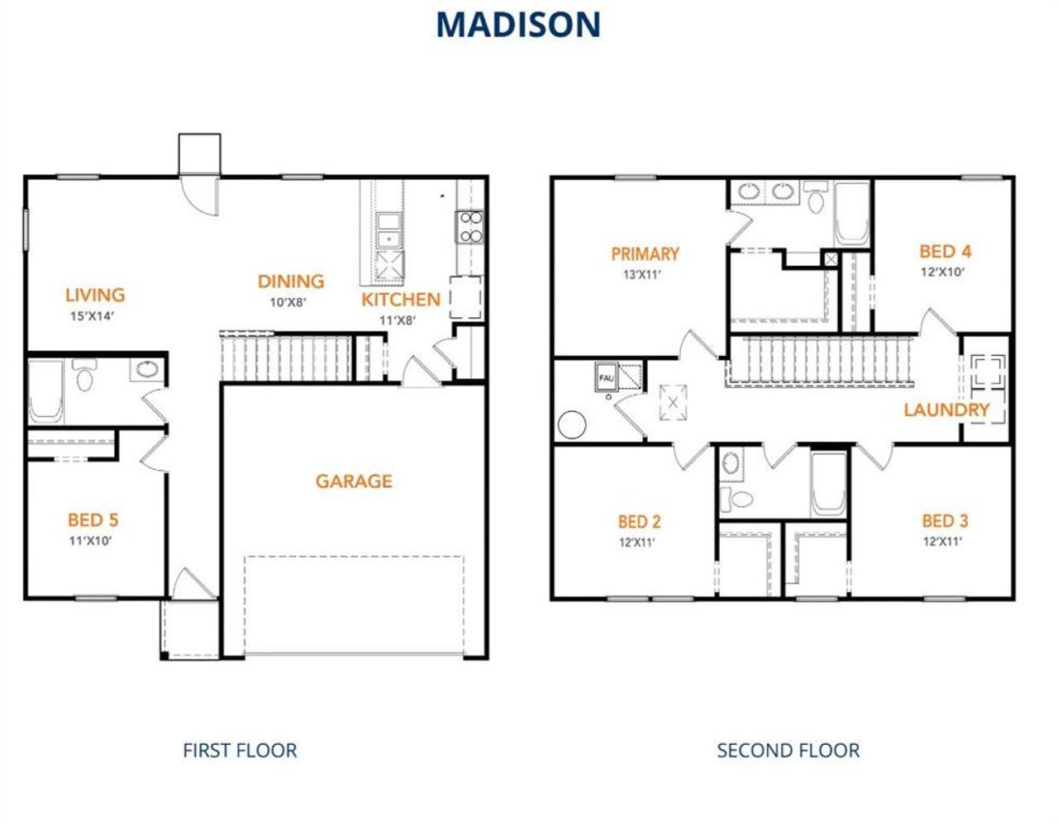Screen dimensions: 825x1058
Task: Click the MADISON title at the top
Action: click(x=517, y=25)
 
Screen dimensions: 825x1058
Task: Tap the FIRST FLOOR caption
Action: click(x=240, y=750)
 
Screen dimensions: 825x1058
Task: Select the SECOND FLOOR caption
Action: click(x=788, y=750)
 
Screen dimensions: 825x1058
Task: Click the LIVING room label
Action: click(x=95, y=295)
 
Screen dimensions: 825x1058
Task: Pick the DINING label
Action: click(x=290, y=282)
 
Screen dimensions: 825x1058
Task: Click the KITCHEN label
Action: click(x=401, y=300)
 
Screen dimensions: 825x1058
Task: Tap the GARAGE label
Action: click(x=354, y=481)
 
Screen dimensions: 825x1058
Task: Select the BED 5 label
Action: click(x=93, y=519)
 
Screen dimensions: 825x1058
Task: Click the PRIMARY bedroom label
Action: click(x=645, y=254)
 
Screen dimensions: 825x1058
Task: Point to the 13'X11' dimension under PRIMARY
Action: click(x=641, y=275)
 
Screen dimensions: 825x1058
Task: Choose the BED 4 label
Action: click(x=945, y=251)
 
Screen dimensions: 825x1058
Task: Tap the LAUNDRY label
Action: click(x=946, y=410)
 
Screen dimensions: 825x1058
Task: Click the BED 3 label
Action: click(x=945, y=520)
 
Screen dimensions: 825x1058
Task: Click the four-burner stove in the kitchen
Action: click(x=469, y=227)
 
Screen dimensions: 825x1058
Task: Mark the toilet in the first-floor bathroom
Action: click(x=84, y=376)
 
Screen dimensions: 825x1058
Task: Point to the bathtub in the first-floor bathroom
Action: click(x=45, y=391)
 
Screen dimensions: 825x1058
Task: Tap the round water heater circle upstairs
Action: click(x=571, y=425)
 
